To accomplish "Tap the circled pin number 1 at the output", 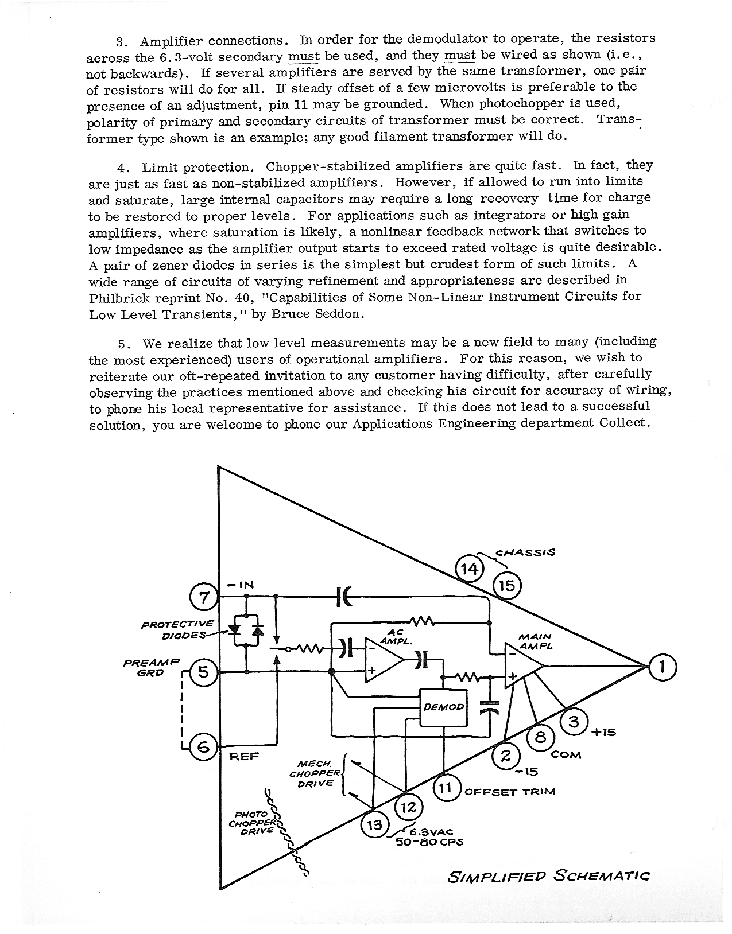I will tap(663, 668).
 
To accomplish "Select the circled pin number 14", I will tap(470, 569).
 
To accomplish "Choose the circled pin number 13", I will tap(374, 825).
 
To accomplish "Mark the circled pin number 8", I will tap(540, 737).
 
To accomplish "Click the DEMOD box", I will tap(443, 707).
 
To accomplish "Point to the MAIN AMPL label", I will tap(535, 641).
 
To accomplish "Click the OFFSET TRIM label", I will tap(510, 792).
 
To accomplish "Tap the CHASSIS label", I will tap(525, 552).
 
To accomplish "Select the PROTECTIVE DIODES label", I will tap(178, 629).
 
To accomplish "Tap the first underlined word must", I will tap(303, 56).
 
